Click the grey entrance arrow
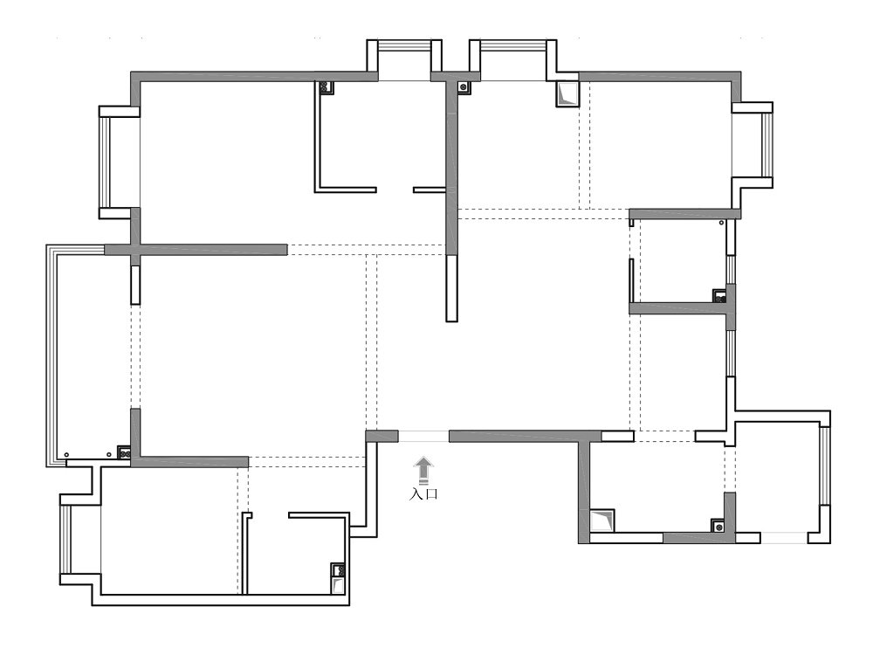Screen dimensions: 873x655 click(424, 470)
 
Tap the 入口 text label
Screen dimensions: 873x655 click(423, 494)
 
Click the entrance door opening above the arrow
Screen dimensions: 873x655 click(423, 436)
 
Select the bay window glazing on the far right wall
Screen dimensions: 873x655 click(767, 145)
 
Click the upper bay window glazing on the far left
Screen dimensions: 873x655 click(104, 162)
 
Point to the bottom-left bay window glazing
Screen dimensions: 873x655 click(65, 540)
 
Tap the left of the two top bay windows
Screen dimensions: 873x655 click(404, 45)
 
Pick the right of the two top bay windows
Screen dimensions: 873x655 click(512, 45)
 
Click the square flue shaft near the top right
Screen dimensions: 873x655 click(567, 94)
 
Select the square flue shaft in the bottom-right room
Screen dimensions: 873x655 click(601, 521)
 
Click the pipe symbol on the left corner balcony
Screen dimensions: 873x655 click(124, 453)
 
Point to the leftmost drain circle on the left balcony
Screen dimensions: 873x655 click(66, 455)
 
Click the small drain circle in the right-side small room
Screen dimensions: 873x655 click(722, 223)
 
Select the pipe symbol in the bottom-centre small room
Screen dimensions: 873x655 click(338, 569)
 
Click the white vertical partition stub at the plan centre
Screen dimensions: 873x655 click(451, 288)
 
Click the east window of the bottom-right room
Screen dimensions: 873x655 click(825, 465)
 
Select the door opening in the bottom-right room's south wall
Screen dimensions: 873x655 click(784, 538)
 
